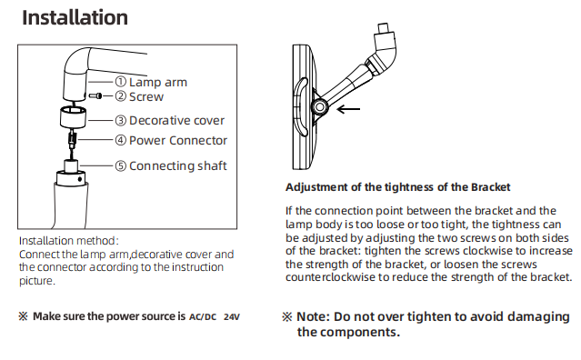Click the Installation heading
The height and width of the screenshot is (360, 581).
click(x=75, y=17)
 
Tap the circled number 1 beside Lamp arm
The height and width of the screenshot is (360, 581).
click(x=120, y=82)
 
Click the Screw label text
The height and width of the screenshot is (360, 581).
click(x=146, y=96)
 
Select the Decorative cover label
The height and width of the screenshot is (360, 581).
click(x=176, y=120)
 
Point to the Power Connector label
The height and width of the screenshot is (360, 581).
click(x=178, y=140)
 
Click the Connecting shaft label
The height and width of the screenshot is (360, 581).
click(x=178, y=166)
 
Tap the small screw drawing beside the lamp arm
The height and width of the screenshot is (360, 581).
click(x=95, y=96)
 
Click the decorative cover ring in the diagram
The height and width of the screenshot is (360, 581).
click(x=73, y=116)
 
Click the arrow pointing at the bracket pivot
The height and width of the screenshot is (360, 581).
click(x=348, y=109)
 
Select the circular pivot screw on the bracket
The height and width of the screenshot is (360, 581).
click(x=319, y=108)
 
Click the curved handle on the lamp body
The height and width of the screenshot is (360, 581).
click(x=301, y=106)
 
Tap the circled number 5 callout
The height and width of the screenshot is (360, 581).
click(x=120, y=166)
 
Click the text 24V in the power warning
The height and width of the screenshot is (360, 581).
click(x=232, y=317)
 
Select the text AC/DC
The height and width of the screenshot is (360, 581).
click(x=203, y=317)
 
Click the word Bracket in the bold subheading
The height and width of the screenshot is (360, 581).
click(x=491, y=187)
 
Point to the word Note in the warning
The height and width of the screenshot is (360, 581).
click(x=313, y=317)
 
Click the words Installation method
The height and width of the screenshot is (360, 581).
click(x=67, y=241)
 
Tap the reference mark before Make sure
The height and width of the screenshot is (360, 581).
click(x=23, y=316)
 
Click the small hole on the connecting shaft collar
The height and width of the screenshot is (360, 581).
click(x=80, y=179)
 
